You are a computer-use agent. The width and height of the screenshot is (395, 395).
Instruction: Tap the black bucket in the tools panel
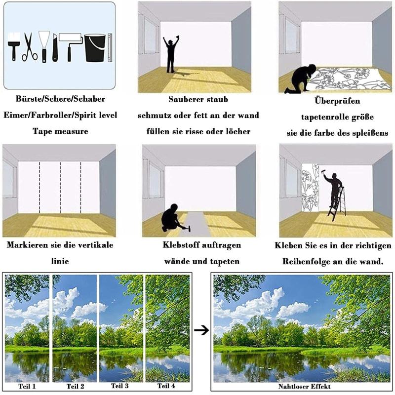[95, 48]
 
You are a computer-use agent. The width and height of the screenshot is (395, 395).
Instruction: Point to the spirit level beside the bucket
[110, 47]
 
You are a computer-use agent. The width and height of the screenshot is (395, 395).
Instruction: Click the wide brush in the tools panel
[14, 46]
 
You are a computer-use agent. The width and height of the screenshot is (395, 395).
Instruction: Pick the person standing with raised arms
[171, 54]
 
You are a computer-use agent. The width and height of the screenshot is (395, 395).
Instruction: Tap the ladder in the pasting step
[337, 204]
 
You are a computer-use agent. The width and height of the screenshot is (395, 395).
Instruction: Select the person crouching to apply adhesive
[173, 218]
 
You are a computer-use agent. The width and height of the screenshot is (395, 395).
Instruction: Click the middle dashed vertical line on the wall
[60, 187]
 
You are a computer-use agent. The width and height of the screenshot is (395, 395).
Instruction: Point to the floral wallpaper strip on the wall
[310, 188]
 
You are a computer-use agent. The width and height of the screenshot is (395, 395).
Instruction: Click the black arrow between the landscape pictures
[201, 330]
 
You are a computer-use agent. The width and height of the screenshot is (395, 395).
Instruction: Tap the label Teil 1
[27, 386]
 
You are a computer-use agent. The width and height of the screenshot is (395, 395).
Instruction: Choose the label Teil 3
[119, 386]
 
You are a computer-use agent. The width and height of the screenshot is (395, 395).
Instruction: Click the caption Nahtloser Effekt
[304, 386]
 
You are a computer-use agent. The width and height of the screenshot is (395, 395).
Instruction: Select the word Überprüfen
[337, 101]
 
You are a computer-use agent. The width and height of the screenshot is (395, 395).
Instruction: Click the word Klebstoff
[178, 244]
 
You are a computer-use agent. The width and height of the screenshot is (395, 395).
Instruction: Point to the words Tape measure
[60, 131]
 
